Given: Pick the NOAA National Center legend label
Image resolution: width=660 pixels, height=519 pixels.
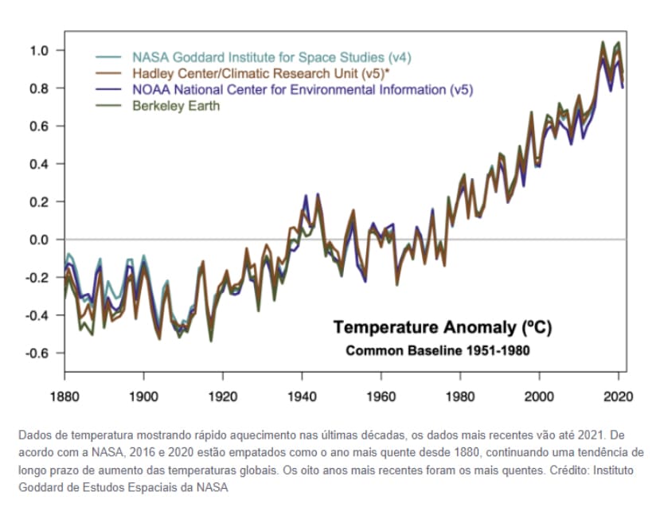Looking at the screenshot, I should click(x=302, y=90).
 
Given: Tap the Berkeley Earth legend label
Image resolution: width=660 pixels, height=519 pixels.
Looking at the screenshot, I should click(x=175, y=106).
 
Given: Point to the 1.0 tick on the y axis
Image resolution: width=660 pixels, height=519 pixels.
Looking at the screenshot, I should click(x=40, y=51).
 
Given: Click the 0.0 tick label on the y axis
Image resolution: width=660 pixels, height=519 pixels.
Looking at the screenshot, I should click(x=40, y=240).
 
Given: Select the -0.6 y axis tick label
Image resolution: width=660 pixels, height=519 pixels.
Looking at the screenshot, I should click(x=37, y=353).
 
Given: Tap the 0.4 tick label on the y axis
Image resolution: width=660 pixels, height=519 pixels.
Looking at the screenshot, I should click(x=40, y=164).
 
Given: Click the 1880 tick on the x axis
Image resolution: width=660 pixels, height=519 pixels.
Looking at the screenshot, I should click(x=64, y=396).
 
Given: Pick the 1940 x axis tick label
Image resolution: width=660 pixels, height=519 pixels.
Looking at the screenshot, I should click(x=302, y=396).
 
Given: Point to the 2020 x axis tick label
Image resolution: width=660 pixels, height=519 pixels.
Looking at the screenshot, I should click(x=618, y=396).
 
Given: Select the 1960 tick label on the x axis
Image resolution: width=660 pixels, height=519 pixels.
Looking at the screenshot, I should click(x=381, y=396).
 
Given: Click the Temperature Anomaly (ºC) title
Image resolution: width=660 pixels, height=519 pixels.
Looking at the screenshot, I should click(x=442, y=327).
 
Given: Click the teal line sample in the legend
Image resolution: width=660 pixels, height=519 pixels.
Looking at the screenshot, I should click(x=108, y=58).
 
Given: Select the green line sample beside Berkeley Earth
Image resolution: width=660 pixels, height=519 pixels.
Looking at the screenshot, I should click(x=108, y=106).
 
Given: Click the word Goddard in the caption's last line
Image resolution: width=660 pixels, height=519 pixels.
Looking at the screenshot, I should click(x=37, y=488).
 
